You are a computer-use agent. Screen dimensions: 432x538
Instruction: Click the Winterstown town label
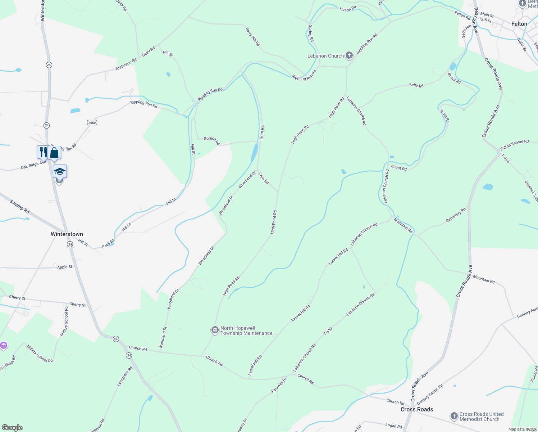67,234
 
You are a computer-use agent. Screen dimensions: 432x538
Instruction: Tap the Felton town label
519,24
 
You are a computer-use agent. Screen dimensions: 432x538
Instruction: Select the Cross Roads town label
417,409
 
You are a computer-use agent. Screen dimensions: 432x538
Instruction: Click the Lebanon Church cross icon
349,55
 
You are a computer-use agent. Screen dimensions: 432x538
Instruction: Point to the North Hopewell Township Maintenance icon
215,330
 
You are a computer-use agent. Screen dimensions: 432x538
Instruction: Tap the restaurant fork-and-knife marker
42,152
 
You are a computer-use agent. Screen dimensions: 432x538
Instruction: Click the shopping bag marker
54,153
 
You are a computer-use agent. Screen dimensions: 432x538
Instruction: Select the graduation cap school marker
60,171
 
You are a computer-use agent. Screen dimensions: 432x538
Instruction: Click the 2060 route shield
92,123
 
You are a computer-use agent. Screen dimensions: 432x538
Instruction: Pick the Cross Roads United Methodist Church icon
454,417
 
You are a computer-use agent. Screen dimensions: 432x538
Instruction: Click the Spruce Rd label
212,140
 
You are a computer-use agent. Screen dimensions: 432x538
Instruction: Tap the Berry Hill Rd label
253,37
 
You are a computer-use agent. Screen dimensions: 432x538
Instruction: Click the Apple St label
65,267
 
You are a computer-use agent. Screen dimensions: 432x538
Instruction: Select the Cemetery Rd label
456,215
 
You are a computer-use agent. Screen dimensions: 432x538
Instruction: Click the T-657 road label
328,331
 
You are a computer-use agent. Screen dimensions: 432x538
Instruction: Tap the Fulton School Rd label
514,145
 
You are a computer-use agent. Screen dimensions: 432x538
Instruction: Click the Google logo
12,428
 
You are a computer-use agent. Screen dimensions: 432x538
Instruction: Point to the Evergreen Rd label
125,376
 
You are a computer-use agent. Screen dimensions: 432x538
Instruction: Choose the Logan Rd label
393,426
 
